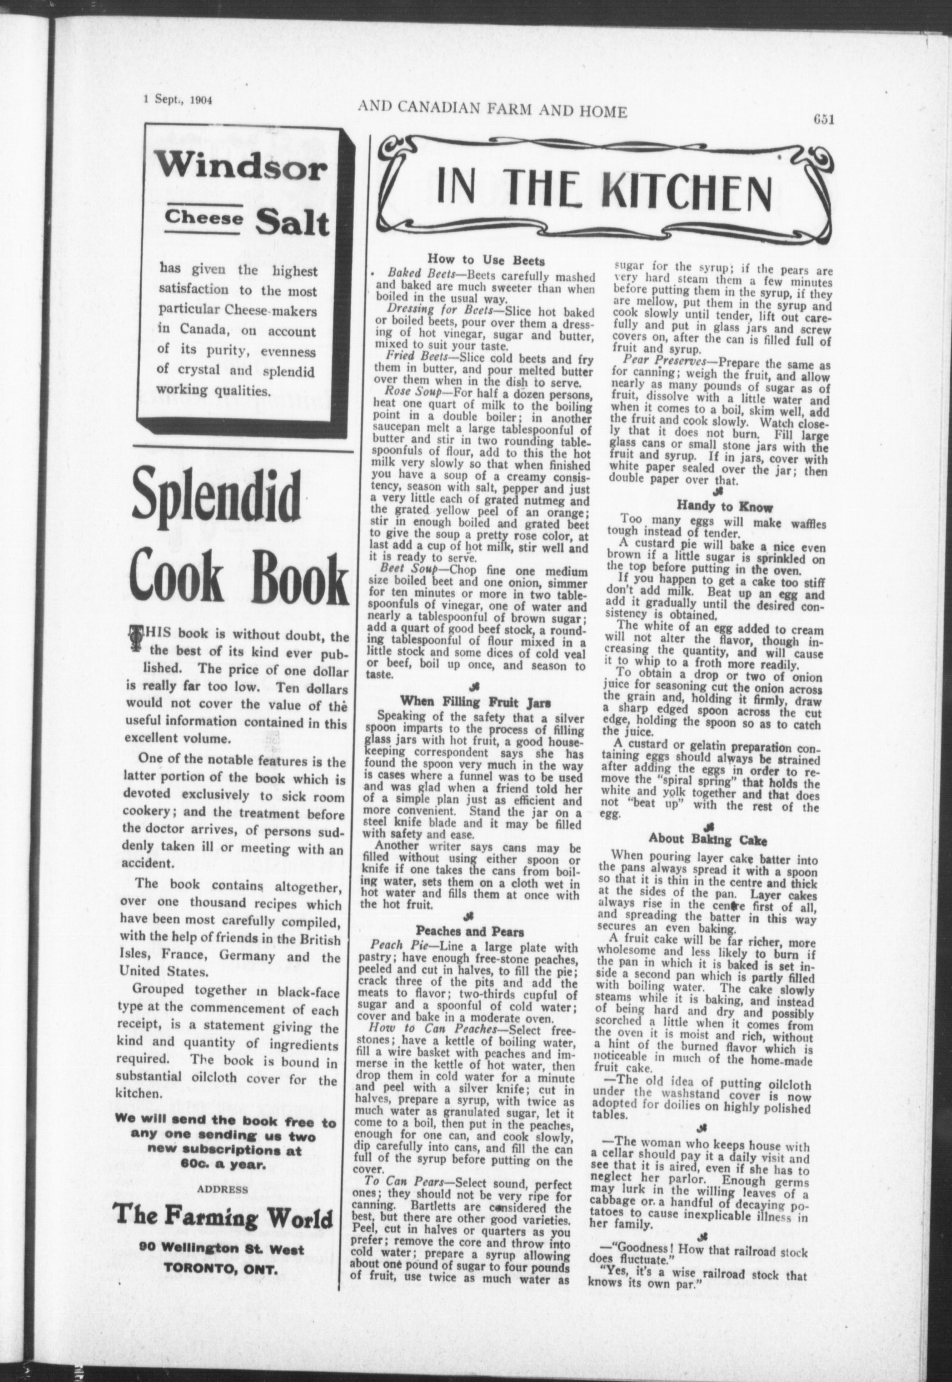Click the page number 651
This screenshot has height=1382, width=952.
(823, 119)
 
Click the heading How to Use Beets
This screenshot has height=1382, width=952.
(486, 261)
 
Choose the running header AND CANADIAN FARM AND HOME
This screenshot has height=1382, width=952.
(492, 109)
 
